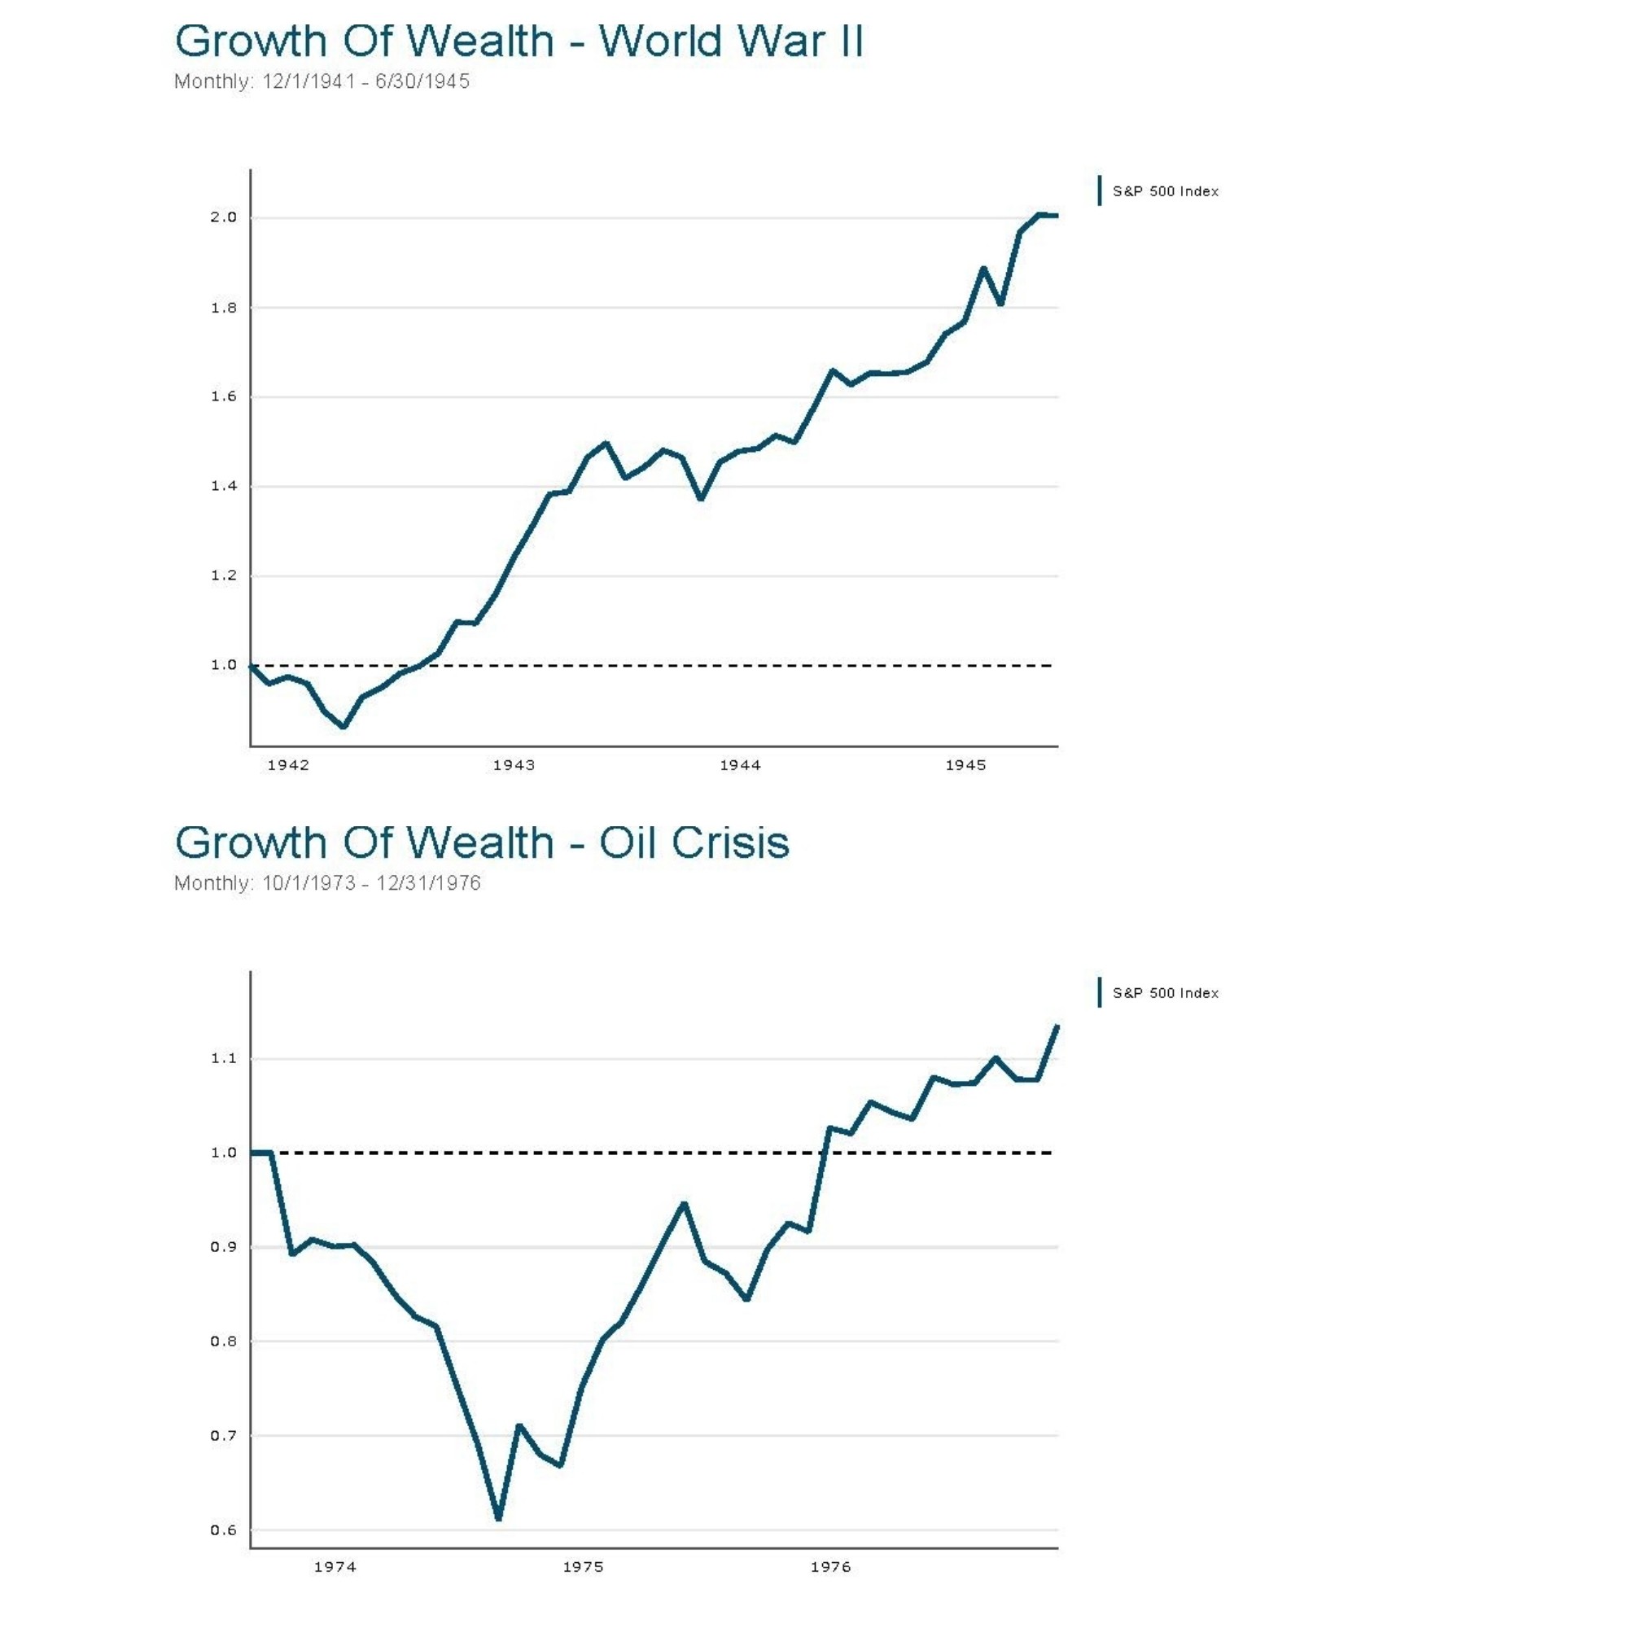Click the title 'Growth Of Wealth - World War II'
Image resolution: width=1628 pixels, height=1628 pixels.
pyautogui.click(x=519, y=41)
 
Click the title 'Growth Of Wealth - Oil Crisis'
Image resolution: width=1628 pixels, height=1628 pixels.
pyautogui.click(x=482, y=842)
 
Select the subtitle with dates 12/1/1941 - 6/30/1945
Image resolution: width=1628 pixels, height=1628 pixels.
pyautogui.click(x=322, y=81)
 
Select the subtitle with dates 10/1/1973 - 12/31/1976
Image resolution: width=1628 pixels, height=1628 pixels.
pyautogui.click(x=327, y=883)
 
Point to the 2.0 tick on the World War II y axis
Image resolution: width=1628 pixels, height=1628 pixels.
pyautogui.click(x=223, y=217)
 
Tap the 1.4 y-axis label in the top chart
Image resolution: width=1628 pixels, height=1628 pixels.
pyautogui.click(x=223, y=486)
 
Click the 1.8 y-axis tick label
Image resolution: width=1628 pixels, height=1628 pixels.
pyautogui.click(x=223, y=308)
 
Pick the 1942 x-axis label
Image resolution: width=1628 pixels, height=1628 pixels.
pyautogui.click(x=288, y=765)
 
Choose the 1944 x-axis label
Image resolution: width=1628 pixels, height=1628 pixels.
pyautogui.click(x=740, y=765)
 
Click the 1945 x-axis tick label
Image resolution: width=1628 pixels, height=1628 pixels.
pyautogui.click(x=965, y=765)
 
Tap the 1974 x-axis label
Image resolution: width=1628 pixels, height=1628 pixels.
pyautogui.click(x=335, y=1566)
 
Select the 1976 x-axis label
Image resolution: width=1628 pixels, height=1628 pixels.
pyautogui.click(x=831, y=1566)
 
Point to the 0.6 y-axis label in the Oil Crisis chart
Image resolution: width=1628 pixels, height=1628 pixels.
pyautogui.click(x=223, y=1530)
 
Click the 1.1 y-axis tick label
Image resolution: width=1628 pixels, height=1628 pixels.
pyautogui.click(x=223, y=1058)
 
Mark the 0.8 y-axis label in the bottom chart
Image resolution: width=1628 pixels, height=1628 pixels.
pyautogui.click(x=223, y=1341)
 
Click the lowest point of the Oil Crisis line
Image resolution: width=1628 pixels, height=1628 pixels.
pyautogui.click(x=499, y=1518)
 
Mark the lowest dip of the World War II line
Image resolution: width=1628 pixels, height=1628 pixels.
pyautogui.click(x=344, y=725)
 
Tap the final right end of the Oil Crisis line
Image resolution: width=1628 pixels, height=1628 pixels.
pyautogui.click(x=1057, y=1026)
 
